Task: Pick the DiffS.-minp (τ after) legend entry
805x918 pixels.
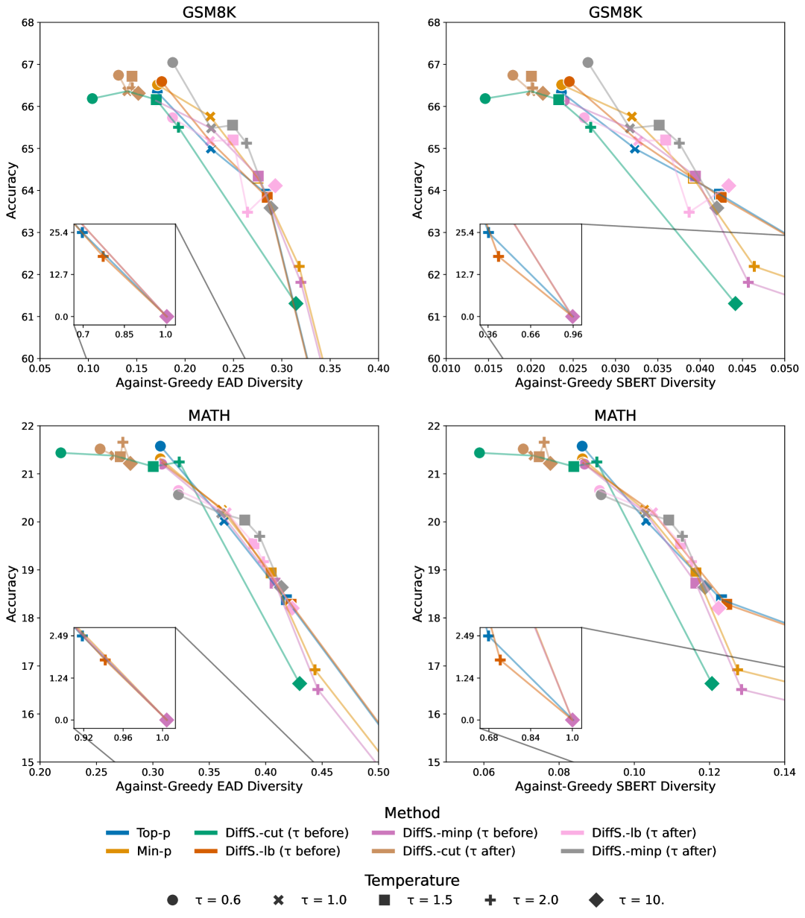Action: [x=640, y=851]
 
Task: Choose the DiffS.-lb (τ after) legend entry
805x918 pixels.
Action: [x=630, y=833]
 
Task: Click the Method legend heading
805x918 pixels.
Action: [x=412, y=813]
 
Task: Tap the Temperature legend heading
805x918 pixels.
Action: [x=412, y=881]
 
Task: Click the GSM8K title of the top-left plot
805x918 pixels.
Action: [x=209, y=13]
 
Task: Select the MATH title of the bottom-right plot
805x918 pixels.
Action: [x=615, y=415]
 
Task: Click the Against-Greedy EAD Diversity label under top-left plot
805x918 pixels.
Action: [x=209, y=383]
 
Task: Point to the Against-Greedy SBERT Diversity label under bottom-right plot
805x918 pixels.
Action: [x=615, y=786]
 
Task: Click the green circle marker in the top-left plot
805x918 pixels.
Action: [x=92, y=98]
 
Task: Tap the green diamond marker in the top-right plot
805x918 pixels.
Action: [x=735, y=303]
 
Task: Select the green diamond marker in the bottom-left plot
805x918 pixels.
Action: [x=300, y=683]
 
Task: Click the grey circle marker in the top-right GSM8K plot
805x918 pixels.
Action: [x=587, y=62]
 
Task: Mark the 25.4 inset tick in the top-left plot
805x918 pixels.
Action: [x=59, y=232]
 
